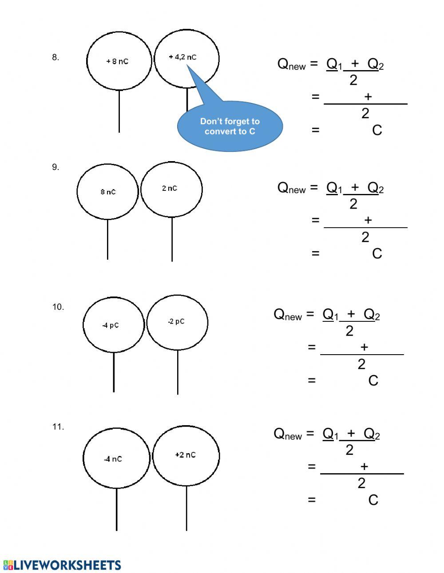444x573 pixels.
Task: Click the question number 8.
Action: [55, 57]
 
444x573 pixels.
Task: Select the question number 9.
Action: [55, 167]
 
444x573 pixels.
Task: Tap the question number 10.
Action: [58, 307]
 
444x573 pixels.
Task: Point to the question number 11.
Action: [58, 427]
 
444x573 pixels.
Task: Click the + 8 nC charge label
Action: [117, 61]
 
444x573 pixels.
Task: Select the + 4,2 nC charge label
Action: [182, 57]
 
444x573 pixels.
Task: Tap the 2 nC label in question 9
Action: [170, 188]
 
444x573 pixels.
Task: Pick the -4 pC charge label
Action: [111, 325]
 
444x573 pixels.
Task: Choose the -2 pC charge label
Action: [176, 321]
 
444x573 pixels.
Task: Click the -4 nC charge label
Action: [113, 459]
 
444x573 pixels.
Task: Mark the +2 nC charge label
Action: [185, 455]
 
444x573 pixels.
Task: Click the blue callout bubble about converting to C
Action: [230, 126]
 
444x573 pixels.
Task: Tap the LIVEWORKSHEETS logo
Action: [62, 565]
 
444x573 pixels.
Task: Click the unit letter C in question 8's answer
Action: [377, 130]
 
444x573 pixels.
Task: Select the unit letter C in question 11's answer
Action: [373, 500]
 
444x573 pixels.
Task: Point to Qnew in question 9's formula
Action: [291, 188]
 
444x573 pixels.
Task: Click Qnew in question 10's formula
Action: [288, 315]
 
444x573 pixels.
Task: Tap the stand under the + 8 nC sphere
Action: [119, 111]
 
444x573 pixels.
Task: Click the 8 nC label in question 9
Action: [108, 192]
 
